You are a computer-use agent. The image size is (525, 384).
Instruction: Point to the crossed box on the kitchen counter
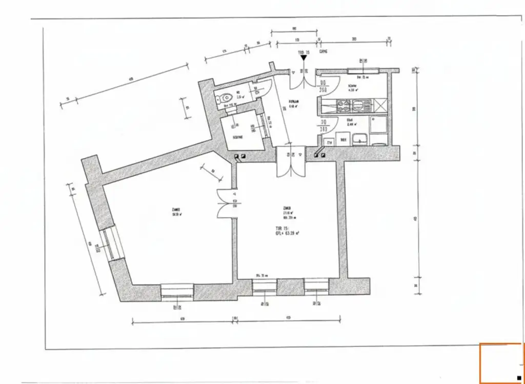point(380,105)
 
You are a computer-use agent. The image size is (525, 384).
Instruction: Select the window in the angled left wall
point(111,244)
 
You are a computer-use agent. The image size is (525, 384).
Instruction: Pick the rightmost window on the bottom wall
point(316,285)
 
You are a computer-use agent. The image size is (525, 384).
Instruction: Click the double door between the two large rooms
point(227,203)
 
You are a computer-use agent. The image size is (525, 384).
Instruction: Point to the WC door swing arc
point(264,87)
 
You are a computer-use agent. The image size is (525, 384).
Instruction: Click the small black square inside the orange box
point(519,378)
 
